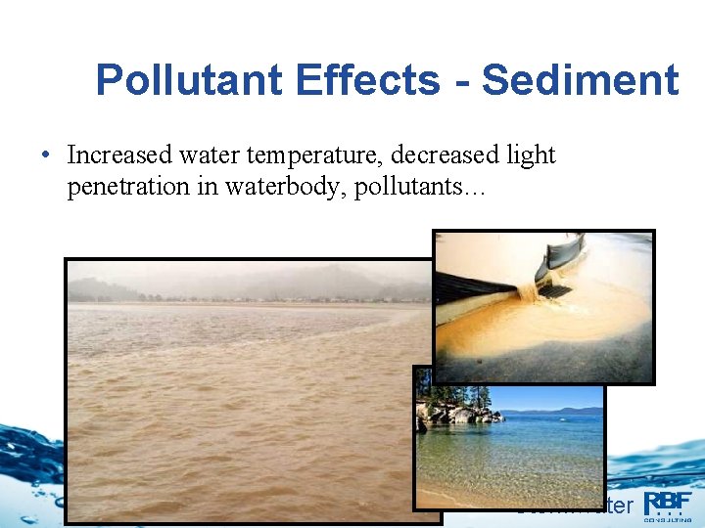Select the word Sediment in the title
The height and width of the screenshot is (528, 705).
(x=580, y=80)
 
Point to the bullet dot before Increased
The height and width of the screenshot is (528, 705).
(x=46, y=156)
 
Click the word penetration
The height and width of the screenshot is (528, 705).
(x=124, y=187)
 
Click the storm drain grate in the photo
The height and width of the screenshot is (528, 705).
(x=556, y=289)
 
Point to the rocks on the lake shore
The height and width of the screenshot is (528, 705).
(x=450, y=413)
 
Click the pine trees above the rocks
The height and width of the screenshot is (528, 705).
(x=436, y=386)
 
